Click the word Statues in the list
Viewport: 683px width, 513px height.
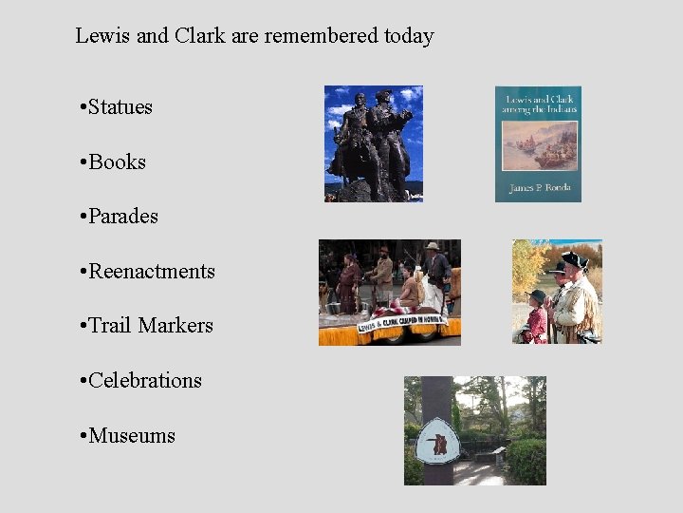120,107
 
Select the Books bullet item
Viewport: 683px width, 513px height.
117,162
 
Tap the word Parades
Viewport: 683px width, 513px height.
122,217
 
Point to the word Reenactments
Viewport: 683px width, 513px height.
151,272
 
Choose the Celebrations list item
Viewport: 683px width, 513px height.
144,381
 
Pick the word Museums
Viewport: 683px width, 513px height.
131,436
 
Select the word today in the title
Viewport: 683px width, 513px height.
409,37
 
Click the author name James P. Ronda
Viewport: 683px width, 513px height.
538,188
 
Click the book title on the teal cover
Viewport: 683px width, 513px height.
538,104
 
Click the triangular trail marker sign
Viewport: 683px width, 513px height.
438,441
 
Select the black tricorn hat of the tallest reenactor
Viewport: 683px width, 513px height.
574,259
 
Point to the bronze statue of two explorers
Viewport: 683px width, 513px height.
372,142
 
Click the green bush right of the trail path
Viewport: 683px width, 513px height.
526,461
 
